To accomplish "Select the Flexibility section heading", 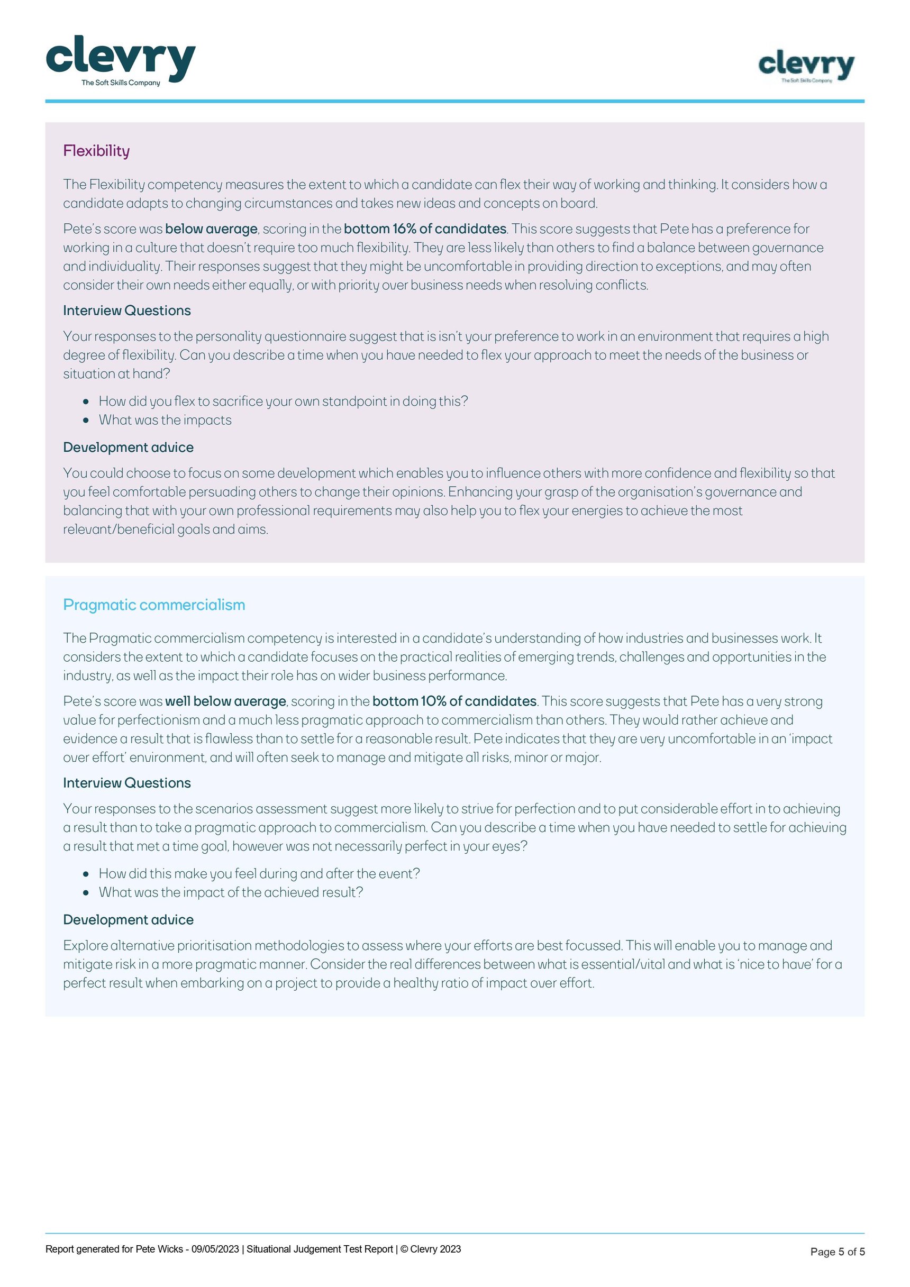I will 96,151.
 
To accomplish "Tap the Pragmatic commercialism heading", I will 154,605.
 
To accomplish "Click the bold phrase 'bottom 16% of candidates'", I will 425,229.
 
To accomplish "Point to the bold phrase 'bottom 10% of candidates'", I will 454,701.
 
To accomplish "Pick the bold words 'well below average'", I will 225,701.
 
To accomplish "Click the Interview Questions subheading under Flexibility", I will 127,311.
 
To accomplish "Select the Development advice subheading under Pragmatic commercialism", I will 129,920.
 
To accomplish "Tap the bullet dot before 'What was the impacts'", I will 86,421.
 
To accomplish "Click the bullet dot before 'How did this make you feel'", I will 86,874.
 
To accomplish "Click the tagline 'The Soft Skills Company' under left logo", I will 121,83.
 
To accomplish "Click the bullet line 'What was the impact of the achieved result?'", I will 231,892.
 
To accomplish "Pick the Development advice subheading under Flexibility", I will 129,448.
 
